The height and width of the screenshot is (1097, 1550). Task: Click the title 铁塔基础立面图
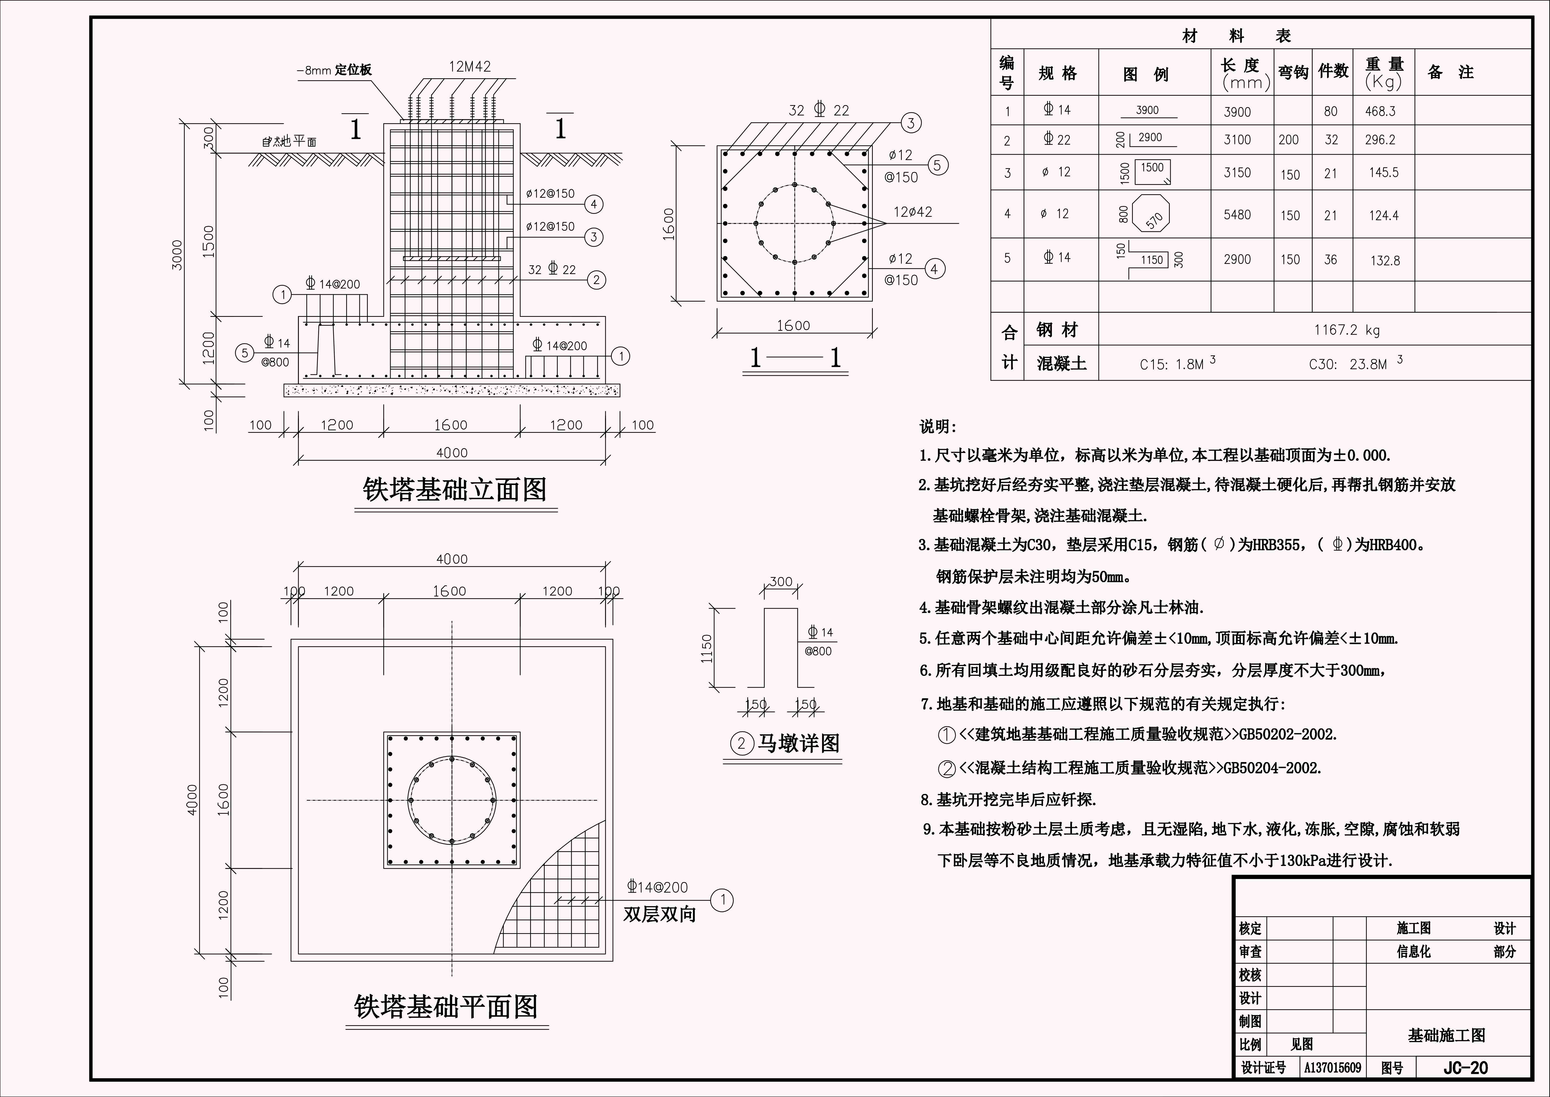[x=454, y=490]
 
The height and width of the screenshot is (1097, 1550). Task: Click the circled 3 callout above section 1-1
[x=911, y=123]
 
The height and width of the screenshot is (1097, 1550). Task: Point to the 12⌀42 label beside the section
[x=913, y=212]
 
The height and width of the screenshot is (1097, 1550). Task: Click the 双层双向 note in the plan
[x=659, y=915]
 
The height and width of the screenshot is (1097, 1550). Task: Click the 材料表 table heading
[x=1237, y=36]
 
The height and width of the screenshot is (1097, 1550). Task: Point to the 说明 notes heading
[x=938, y=427]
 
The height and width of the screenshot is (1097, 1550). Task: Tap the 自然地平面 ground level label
[x=289, y=142]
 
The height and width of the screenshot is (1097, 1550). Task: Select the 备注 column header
[x=1450, y=72]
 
